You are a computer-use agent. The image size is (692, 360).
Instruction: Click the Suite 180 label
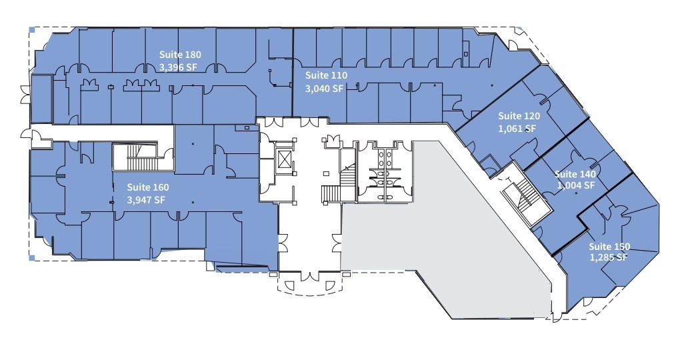[180, 55]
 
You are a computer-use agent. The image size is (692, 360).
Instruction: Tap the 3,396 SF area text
[179, 67]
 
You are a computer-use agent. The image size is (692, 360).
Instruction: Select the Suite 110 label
[326, 75]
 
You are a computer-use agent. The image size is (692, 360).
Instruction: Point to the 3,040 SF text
[324, 88]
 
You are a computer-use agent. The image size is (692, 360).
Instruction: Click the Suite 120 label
[519, 116]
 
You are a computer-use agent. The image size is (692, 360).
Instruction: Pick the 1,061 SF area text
[517, 129]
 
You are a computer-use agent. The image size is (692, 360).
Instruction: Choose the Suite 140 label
[575, 174]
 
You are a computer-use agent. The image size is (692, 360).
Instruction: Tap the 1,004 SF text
[576, 186]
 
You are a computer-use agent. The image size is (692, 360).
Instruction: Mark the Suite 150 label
[609, 247]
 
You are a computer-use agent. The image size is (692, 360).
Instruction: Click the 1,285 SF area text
[608, 257]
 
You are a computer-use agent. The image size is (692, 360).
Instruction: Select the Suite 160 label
[148, 187]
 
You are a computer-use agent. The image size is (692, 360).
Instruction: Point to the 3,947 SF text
[145, 200]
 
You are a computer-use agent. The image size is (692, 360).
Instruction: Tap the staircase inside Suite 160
[142, 157]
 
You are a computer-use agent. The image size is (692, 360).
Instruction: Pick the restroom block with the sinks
[384, 172]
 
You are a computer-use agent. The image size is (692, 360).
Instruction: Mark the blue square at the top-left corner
[32, 29]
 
